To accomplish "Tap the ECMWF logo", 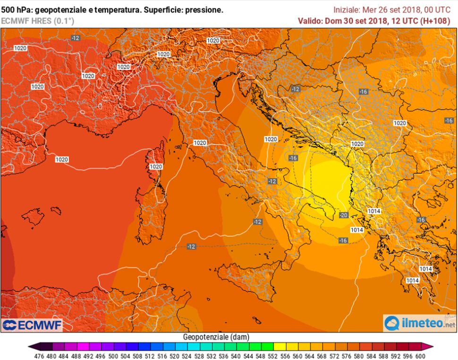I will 32,325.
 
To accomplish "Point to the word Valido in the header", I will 310,21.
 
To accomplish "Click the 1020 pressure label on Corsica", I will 156,167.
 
